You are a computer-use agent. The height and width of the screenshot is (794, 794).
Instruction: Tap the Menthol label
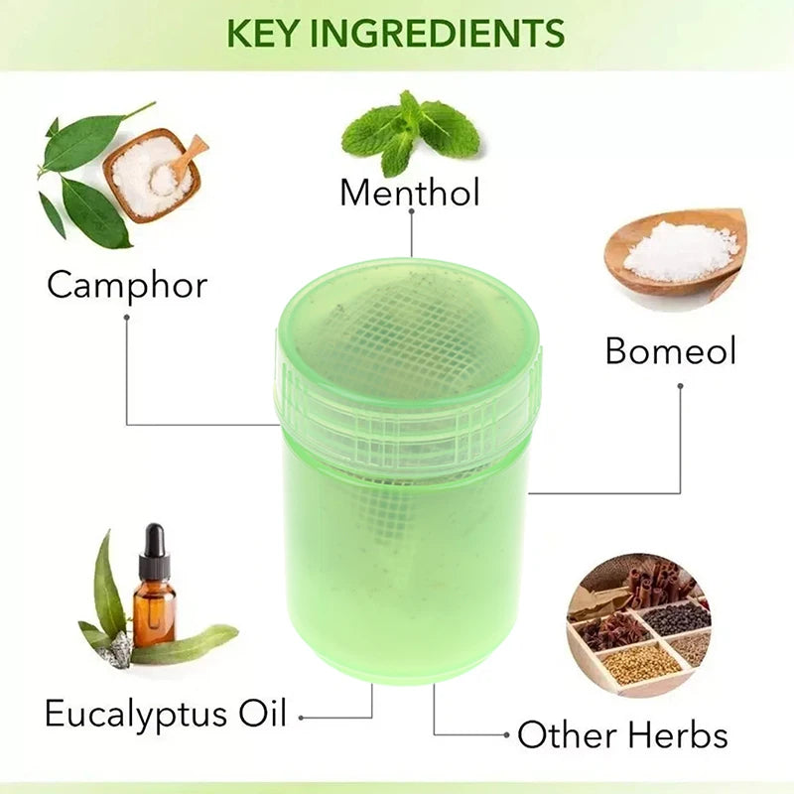(409, 193)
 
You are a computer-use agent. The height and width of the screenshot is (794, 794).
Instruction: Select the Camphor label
(127, 286)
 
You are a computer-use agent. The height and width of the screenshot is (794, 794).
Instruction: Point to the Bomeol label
(671, 351)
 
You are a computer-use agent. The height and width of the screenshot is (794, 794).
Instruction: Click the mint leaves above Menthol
(409, 131)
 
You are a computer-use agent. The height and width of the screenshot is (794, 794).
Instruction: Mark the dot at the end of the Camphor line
(126, 317)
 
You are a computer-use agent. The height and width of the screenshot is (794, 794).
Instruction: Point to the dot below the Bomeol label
(680, 385)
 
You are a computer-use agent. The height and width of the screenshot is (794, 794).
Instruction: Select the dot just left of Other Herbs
(506, 736)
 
